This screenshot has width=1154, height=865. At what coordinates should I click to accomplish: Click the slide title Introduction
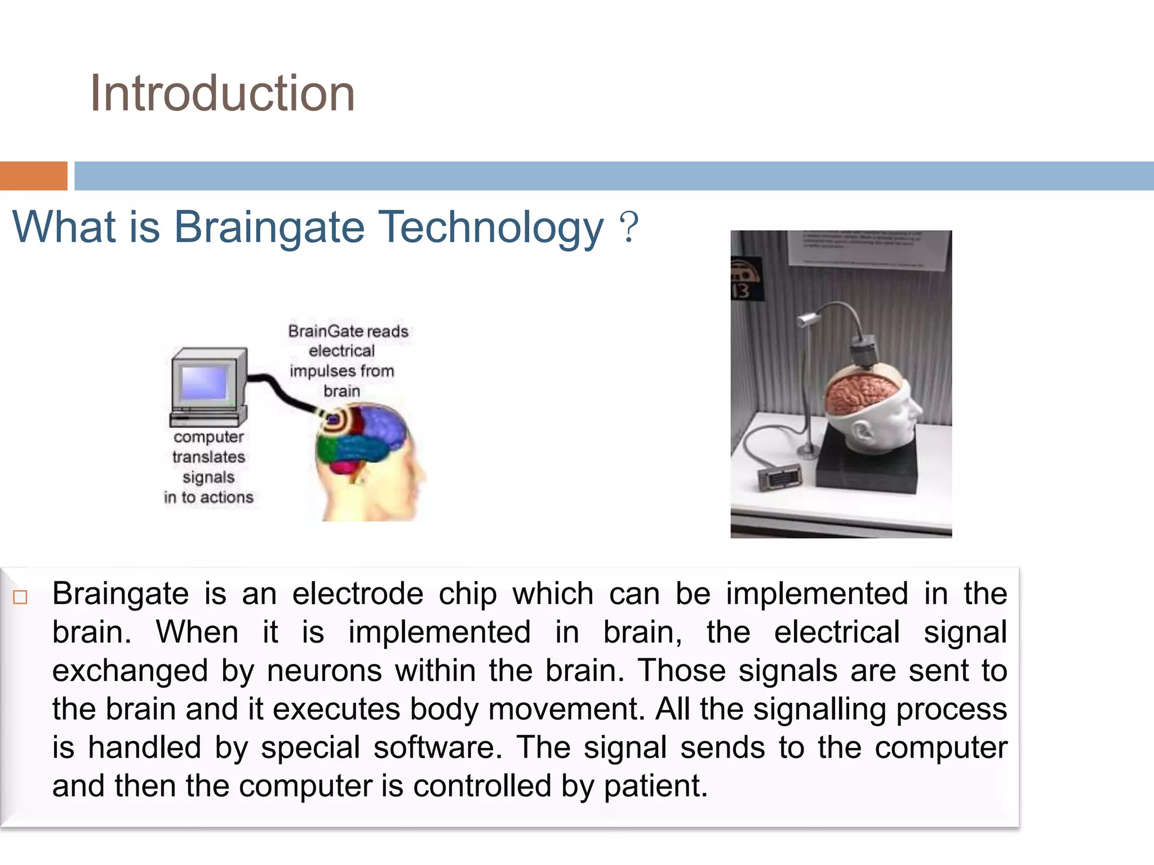pyautogui.click(x=222, y=93)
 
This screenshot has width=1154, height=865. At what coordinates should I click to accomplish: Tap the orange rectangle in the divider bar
pyautogui.click(x=33, y=176)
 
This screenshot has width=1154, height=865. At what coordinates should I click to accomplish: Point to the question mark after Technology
pyautogui.click(x=628, y=227)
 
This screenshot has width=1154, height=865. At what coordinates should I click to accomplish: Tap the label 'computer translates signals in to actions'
pyautogui.click(x=208, y=467)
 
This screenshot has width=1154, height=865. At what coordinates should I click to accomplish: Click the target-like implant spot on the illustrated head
pyautogui.click(x=332, y=420)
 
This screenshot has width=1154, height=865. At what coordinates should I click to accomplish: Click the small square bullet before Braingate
pyautogui.click(x=20, y=597)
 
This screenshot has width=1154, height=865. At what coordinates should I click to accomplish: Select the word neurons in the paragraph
pyautogui.click(x=324, y=671)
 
